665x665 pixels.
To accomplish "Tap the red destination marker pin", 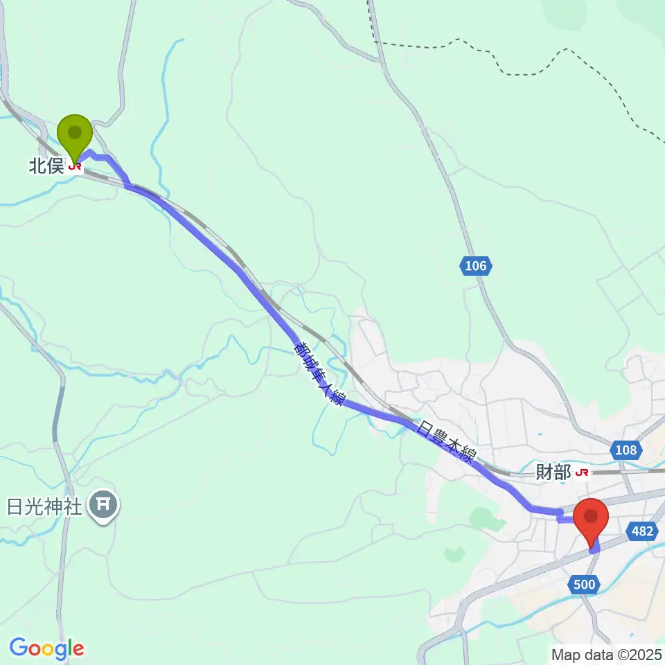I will pos(591,522).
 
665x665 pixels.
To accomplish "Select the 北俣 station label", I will pos(46,166).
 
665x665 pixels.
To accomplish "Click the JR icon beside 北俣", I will pos(75,166).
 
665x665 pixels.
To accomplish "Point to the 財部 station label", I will pos(553,472).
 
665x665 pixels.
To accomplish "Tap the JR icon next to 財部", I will pos(583,472).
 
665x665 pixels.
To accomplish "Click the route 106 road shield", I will pos(477,265).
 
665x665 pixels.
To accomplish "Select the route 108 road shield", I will pos(626,450).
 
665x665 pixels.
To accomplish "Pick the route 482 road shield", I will pos(641,531).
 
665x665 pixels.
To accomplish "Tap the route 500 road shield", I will pos(585,585).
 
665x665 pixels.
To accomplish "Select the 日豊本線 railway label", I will pos(447,443).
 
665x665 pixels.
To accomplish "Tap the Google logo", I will pos(46,648).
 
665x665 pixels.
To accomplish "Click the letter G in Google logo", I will pos(19,648).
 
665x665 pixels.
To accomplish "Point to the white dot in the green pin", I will pos(74,131).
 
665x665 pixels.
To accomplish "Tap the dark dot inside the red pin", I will pos(591,516).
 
